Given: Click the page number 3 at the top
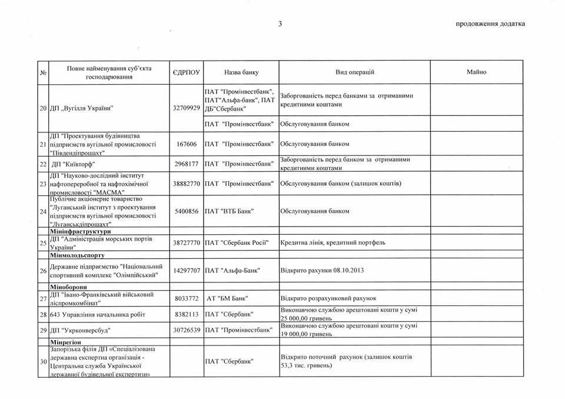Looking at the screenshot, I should (x=281, y=24).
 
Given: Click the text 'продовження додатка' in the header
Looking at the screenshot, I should (x=490, y=24).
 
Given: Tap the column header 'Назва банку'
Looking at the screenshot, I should (x=241, y=72).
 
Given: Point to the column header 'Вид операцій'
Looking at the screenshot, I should (x=355, y=72).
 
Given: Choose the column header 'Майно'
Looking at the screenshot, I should (x=476, y=72).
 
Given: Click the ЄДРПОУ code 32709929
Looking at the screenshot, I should (x=186, y=108).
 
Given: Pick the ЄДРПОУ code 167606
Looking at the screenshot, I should (x=186, y=144).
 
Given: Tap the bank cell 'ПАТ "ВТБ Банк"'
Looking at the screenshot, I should (x=232, y=211).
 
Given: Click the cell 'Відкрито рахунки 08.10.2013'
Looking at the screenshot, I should (x=323, y=271).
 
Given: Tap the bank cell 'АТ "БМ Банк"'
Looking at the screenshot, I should (x=230, y=299).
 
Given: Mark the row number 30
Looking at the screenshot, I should (x=43, y=361).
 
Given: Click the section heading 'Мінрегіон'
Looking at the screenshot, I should (x=66, y=342).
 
